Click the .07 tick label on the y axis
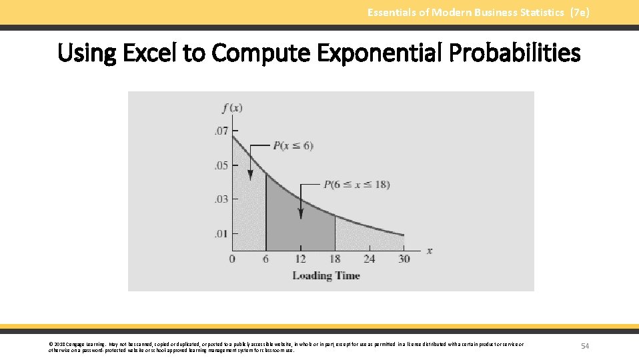click(220, 131)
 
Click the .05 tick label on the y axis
click(220, 165)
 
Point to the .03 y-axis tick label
click(220, 199)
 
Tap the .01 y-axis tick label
click(220, 233)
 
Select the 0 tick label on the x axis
click(232, 259)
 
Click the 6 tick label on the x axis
click(265, 259)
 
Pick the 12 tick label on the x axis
click(300, 259)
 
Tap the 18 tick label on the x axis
click(335, 259)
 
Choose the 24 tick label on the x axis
click(370, 259)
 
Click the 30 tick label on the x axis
click(404, 259)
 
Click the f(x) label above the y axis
click(231, 108)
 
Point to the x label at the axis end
click(429, 251)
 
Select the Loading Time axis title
click(326, 275)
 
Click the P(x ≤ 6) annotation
click(292, 145)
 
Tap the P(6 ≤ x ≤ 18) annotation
click(356, 185)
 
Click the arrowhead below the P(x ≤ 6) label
click(250, 175)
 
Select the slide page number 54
click(585, 345)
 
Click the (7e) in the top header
click(580, 12)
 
